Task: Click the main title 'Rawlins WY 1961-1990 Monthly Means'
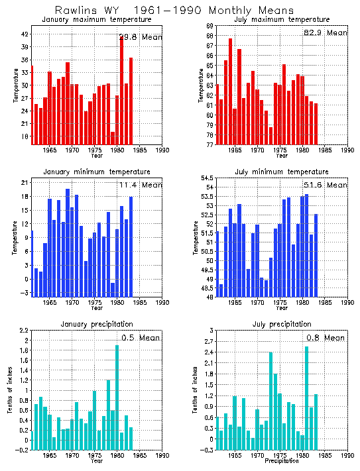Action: tap(180, 10)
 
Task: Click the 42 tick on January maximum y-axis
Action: tap(25, 34)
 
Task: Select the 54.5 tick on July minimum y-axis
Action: tap(206, 178)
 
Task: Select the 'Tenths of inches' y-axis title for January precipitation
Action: tap(9, 391)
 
